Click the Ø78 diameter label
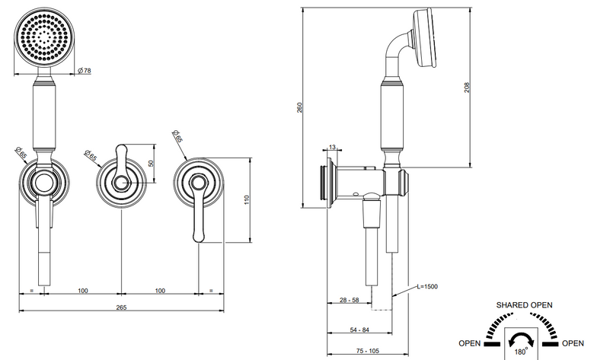click(84, 71)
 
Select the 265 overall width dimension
click(121, 307)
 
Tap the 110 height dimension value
click(247, 200)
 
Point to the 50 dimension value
click(151, 164)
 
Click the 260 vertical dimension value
click(299, 107)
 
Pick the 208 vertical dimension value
click(467, 88)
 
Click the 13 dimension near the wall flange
click(332, 147)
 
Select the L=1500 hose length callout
click(427, 287)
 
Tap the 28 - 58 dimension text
click(349, 300)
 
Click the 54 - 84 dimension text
click(359, 330)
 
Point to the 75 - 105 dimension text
click(368, 351)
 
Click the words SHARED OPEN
click(524, 305)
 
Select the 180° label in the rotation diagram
click(520, 352)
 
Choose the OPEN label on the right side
click(573, 343)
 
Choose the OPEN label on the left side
click(469, 343)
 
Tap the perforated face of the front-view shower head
click(44, 38)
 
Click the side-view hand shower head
click(424, 38)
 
